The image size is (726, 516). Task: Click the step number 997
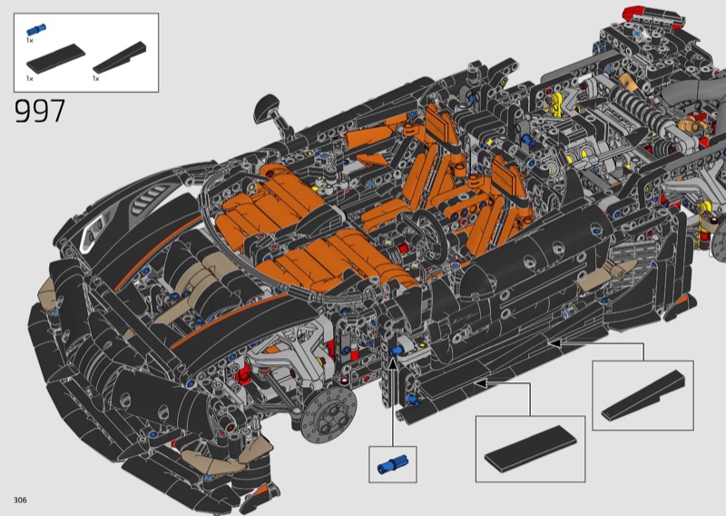click(x=40, y=111)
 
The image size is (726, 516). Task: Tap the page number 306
click(x=20, y=500)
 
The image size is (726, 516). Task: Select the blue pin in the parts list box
click(x=35, y=30)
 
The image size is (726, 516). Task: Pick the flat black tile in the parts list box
click(x=55, y=58)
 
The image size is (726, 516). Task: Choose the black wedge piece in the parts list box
click(x=120, y=57)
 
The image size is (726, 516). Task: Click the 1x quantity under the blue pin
click(x=30, y=40)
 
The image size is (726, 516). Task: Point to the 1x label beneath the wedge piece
click(x=96, y=78)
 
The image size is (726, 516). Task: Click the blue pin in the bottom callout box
click(x=392, y=464)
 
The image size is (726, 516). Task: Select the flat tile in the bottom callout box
click(x=530, y=450)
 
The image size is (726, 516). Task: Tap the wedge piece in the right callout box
click(x=643, y=395)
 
